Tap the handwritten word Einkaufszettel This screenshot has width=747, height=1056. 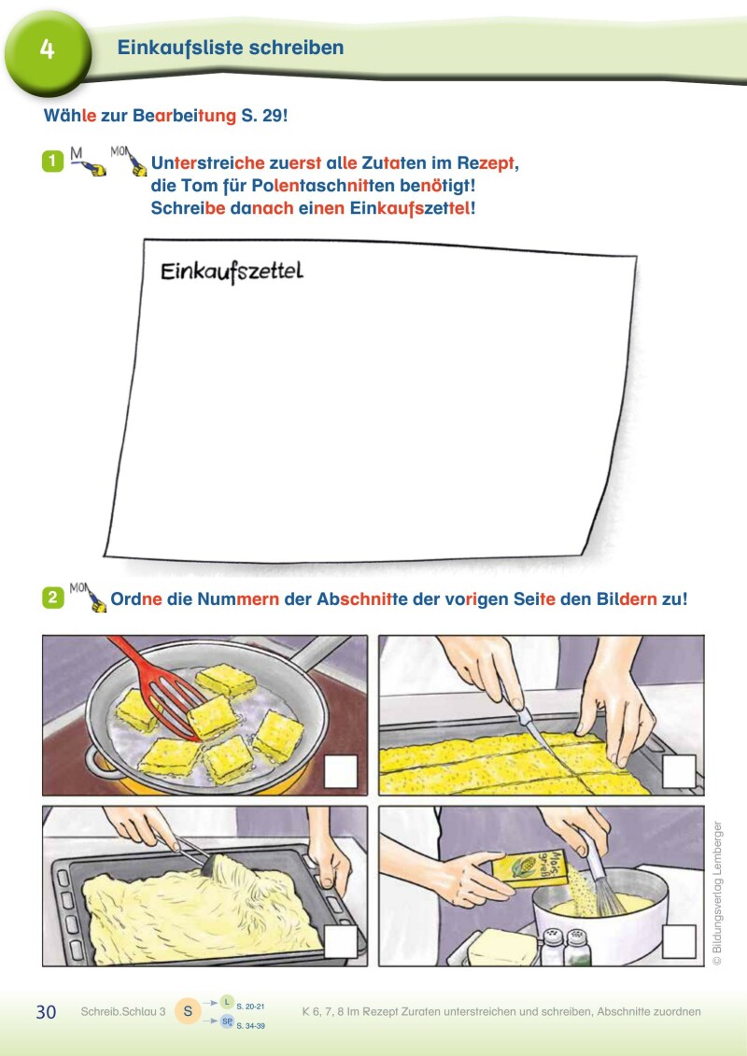pos(232,272)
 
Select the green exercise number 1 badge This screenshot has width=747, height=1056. pos(52,162)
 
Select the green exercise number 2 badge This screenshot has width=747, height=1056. pos(52,598)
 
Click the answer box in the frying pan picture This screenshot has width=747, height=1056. pos(341,772)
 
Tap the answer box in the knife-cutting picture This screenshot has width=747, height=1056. pos(679,772)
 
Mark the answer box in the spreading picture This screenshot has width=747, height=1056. pos(341,941)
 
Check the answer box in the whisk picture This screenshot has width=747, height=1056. pos(679,941)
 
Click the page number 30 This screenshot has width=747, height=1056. pos(46,1012)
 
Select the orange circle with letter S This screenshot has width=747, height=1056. pos(188,1011)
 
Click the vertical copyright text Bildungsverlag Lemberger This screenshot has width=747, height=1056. pos(717,893)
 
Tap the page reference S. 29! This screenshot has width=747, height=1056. pos(264,115)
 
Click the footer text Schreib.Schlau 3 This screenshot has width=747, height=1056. pos(123,1011)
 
